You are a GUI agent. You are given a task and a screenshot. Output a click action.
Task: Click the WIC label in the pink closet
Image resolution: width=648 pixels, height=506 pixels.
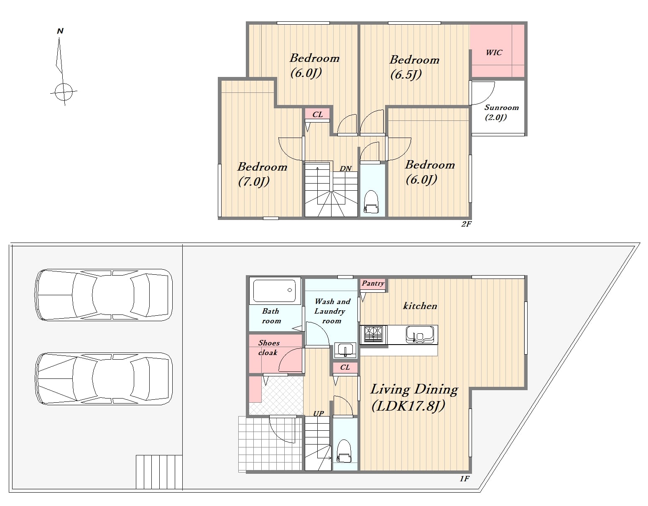(494, 53)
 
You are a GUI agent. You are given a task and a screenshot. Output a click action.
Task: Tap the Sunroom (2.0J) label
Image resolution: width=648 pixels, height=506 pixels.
(501, 112)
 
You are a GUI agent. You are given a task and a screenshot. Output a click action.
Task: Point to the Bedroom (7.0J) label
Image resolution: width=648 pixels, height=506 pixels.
(262, 174)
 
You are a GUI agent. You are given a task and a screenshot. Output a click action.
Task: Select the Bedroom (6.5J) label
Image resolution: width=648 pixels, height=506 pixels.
(414, 67)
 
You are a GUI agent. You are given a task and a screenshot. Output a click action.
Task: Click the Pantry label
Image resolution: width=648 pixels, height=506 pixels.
(373, 284)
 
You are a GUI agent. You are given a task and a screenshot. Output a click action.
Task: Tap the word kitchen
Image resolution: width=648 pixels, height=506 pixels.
(420, 306)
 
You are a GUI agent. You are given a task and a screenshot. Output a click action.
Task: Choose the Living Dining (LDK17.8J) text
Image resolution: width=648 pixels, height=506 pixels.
(414, 398)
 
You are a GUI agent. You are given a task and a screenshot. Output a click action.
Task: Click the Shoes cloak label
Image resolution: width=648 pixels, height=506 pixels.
(268, 348)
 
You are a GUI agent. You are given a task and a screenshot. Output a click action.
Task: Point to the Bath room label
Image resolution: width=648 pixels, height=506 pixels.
(271, 316)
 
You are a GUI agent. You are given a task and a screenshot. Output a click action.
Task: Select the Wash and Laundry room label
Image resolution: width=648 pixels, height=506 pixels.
(332, 311)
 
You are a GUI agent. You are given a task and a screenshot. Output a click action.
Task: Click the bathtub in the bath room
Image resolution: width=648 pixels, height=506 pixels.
(275, 290)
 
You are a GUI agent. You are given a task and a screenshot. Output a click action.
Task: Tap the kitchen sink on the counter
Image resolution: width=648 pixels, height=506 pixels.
(420, 334)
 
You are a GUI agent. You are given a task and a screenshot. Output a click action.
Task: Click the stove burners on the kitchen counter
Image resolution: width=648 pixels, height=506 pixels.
(373, 334)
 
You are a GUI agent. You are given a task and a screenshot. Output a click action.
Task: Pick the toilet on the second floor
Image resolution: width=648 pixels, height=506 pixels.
(371, 202)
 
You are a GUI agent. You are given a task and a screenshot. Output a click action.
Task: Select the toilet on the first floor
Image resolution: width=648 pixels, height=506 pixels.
(344, 450)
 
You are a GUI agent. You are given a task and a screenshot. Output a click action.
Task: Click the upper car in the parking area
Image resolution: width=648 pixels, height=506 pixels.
(104, 295)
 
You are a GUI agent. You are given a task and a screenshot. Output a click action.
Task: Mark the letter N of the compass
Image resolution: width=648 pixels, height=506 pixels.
(60, 31)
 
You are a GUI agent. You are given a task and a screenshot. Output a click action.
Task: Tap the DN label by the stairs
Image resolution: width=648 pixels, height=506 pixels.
(346, 169)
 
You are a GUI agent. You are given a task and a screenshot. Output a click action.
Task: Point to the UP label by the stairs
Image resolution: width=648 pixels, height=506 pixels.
(319, 414)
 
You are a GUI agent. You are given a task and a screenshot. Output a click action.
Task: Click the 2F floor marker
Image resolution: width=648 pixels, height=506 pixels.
(466, 224)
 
